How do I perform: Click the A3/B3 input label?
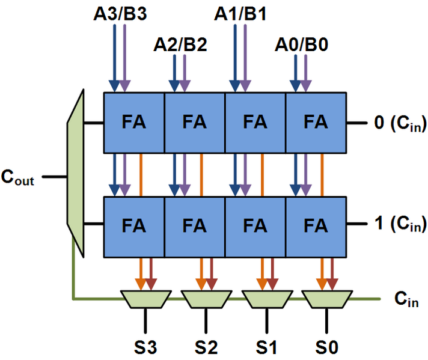point(118,13)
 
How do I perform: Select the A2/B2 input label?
point(180,44)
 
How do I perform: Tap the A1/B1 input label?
point(239,13)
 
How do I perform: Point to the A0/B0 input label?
point(301,44)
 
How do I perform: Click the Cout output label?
point(17,178)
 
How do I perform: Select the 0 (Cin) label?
point(400,123)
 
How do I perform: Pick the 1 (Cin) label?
point(400,225)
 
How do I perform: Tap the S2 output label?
point(206,346)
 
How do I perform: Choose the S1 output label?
point(266,346)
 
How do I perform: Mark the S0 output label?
point(326,346)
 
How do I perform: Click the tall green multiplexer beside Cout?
point(75,174)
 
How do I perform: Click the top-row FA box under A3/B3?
point(134,123)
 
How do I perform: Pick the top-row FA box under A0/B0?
point(316,123)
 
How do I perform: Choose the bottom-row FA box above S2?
point(194,226)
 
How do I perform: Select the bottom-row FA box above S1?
point(255,226)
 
